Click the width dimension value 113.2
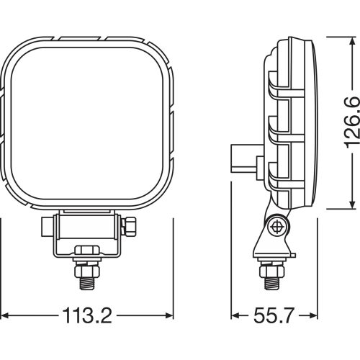point(88,316)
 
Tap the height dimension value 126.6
point(351,122)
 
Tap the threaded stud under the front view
point(88,275)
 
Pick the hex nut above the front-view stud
point(88,252)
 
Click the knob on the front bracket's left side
point(46,228)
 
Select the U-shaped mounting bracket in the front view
point(88,234)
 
